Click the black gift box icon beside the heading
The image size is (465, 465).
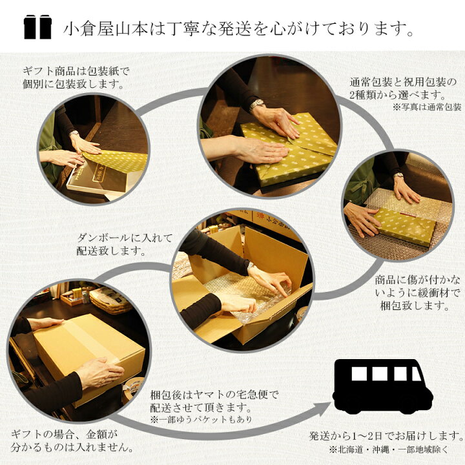point(37,26)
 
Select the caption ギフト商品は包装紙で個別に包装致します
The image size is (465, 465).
point(76,77)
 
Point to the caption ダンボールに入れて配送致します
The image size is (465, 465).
point(125,244)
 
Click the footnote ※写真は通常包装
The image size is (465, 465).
point(427,107)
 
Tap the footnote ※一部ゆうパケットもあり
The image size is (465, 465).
point(201,419)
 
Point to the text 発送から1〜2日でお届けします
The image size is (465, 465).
point(386,436)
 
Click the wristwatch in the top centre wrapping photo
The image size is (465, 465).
point(256,105)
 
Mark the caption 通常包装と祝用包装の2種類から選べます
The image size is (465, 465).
point(403,88)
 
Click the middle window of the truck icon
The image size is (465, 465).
point(380,374)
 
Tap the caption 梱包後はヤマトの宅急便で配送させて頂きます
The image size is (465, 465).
point(214,401)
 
